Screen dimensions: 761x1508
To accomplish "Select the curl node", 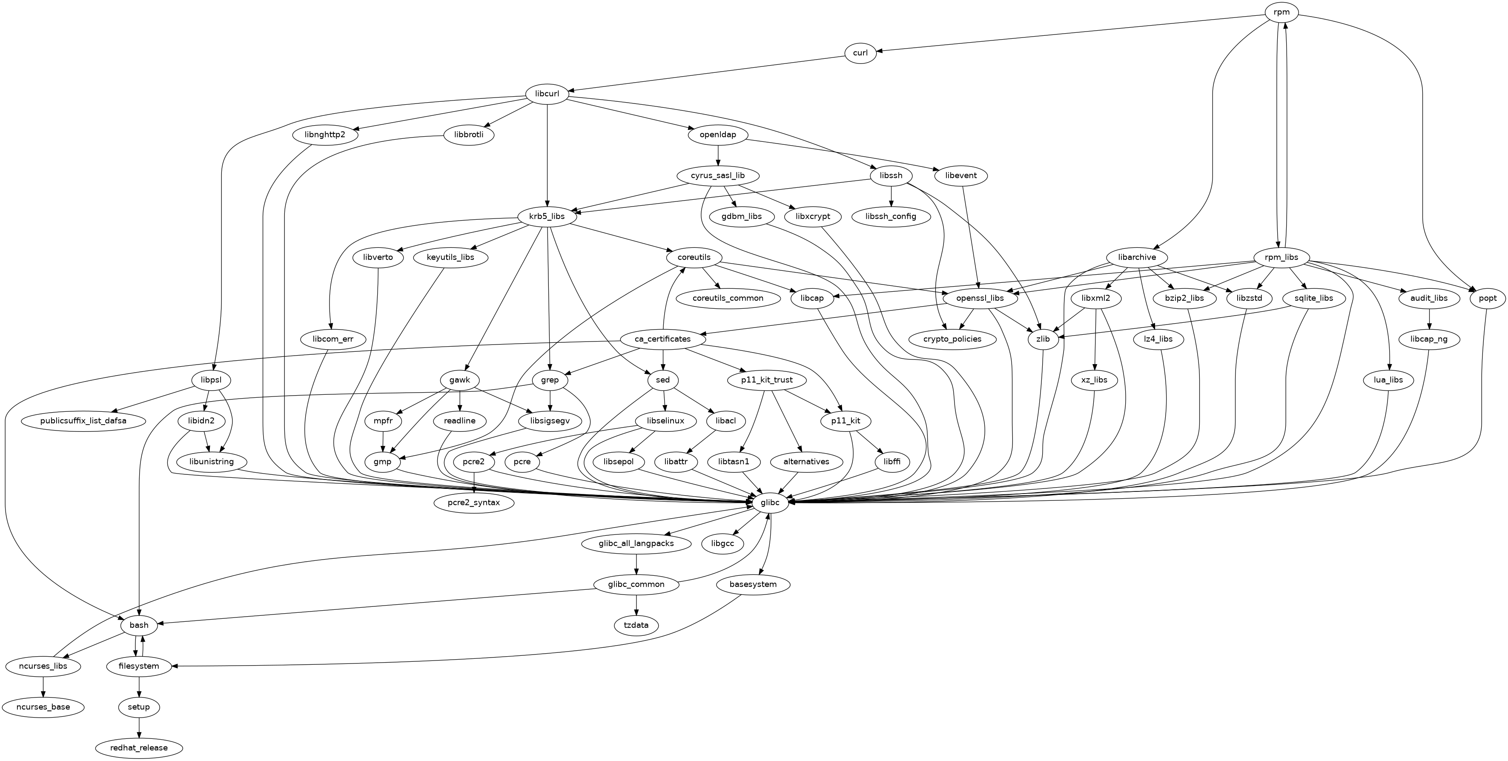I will tap(860, 53).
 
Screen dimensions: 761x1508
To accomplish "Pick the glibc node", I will tap(769, 502).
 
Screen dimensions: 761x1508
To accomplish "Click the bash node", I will tap(139, 625).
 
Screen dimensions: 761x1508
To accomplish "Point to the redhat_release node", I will tap(139, 747).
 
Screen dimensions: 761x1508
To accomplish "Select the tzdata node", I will tap(636, 625).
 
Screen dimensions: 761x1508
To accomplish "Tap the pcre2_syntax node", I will tap(474, 502).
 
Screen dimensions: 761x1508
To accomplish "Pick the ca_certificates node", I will tap(662, 339).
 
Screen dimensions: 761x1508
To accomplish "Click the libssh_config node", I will tap(891, 217).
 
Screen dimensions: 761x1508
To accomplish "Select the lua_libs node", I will tap(1388, 380).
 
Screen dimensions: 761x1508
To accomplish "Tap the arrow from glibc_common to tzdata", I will tap(636, 605).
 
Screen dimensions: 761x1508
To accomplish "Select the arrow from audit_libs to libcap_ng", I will tap(1430, 319).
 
